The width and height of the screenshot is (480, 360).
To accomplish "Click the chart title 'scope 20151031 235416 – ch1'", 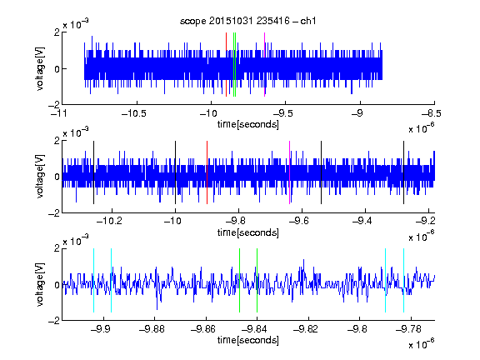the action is coord(247,21).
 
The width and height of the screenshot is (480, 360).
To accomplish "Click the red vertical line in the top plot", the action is coord(226,65).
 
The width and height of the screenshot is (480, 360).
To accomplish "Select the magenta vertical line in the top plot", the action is coord(264,65).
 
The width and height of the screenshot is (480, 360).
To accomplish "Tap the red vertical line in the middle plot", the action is coord(207,172).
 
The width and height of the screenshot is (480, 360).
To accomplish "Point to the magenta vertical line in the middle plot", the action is coord(290,172).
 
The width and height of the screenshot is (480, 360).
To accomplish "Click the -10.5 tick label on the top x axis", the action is coord(134,113).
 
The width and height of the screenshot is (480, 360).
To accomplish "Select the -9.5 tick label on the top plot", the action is coord(282,113).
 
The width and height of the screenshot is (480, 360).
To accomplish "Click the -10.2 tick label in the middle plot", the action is coord(109,220).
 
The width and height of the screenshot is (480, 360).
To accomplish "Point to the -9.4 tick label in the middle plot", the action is coord(362,220).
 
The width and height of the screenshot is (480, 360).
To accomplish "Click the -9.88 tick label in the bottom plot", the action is coord(152,329).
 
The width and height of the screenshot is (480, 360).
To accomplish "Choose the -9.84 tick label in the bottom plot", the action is coord(254,329).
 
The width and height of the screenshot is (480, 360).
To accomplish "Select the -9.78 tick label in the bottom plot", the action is coord(408,329).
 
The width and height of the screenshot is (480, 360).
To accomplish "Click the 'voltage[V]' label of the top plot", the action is coord(40,68).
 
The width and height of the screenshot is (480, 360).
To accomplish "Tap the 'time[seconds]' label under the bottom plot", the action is coord(248,340).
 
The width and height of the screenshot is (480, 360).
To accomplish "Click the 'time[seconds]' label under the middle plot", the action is coord(248,232).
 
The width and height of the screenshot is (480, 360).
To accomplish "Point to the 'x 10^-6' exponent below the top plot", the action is coord(422,127).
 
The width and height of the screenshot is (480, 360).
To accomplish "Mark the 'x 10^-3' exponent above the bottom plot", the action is coord(76,240).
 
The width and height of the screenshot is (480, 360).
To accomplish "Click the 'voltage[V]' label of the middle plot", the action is coord(40,177).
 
